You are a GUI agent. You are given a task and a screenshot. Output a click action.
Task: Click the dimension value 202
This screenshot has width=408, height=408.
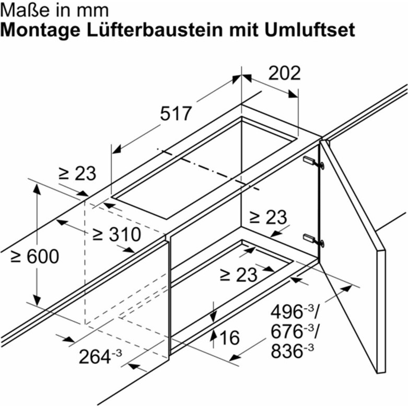coord(284,73)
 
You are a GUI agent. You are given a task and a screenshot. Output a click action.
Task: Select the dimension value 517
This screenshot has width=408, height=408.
coord(176,113)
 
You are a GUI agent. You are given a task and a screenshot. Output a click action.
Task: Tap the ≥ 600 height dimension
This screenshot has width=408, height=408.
coord(35,257)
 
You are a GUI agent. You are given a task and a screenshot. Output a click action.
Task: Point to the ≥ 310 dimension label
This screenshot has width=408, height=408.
coord(117,234)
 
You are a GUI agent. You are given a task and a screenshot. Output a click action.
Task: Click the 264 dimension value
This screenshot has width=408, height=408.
coord(100,356)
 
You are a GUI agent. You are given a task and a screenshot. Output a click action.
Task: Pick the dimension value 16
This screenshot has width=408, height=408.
coord(230,338)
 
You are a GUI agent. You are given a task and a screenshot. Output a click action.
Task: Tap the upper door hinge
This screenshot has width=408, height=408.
coord(313,162)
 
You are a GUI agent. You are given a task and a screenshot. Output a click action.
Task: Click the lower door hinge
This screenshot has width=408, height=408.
coord(313,240)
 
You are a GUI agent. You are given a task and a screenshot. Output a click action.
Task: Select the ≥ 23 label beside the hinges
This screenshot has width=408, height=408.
coord(268,217)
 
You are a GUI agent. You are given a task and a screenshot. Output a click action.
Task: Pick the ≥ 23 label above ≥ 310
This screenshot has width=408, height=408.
coord(77,173)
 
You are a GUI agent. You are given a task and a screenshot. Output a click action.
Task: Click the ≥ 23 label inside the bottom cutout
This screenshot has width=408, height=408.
coord(238,275)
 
